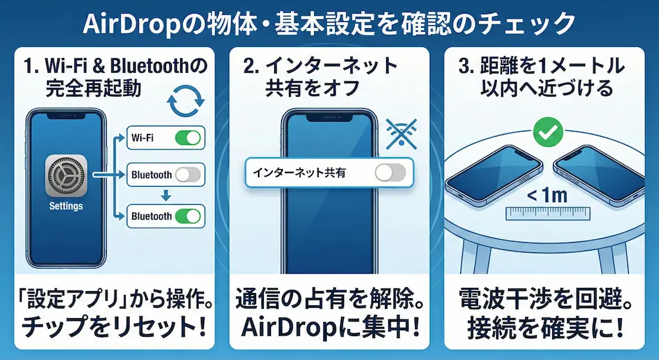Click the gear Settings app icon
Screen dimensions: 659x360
pyautogui.click(x=66, y=176)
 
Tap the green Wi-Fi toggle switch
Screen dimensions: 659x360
pyautogui.click(x=188, y=138)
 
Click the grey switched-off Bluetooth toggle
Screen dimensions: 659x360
pyautogui.click(x=188, y=175)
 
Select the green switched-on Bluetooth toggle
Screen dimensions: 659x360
pyautogui.click(x=188, y=216)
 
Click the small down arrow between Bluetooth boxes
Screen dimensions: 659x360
pyautogui.click(x=166, y=194)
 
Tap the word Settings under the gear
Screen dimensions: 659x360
pyautogui.click(x=66, y=206)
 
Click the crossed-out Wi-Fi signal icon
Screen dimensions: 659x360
pyautogui.click(x=402, y=134)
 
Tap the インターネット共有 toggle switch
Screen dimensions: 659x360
pyautogui.click(x=391, y=173)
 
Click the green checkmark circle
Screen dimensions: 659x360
pyautogui.click(x=548, y=132)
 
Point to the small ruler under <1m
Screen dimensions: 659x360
pyautogui.click(x=548, y=214)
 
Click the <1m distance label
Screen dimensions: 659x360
pyautogui.click(x=547, y=195)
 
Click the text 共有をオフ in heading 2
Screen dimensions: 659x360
pyautogui.click(x=312, y=88)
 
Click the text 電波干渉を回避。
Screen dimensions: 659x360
pyautogui.click(x=546, y=298)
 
